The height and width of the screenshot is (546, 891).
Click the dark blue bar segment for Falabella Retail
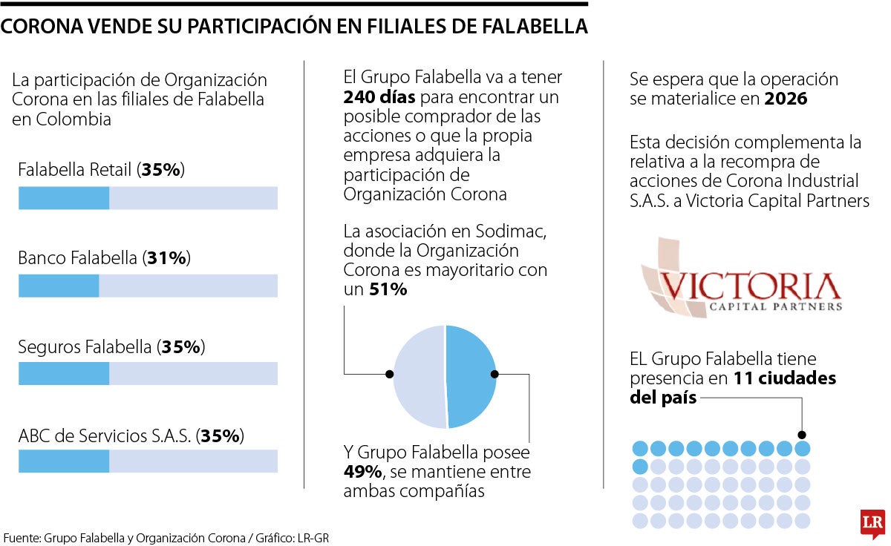64,198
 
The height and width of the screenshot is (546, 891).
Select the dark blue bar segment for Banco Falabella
59,286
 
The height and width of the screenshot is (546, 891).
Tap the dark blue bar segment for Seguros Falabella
64,373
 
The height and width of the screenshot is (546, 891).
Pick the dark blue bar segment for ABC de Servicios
64,461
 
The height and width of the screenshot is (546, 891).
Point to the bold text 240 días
379,97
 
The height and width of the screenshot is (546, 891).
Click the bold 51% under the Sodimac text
388,290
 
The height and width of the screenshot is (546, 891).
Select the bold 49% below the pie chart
362,472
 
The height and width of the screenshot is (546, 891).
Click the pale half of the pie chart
419,377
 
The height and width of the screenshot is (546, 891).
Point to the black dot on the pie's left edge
389,374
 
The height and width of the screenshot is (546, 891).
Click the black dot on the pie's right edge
496,375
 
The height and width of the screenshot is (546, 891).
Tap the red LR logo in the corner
872,524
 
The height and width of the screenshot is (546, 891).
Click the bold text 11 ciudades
785,378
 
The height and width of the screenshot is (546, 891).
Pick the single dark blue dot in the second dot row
639,467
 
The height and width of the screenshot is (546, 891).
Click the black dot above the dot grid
802,435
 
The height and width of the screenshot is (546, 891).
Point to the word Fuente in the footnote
22,536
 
